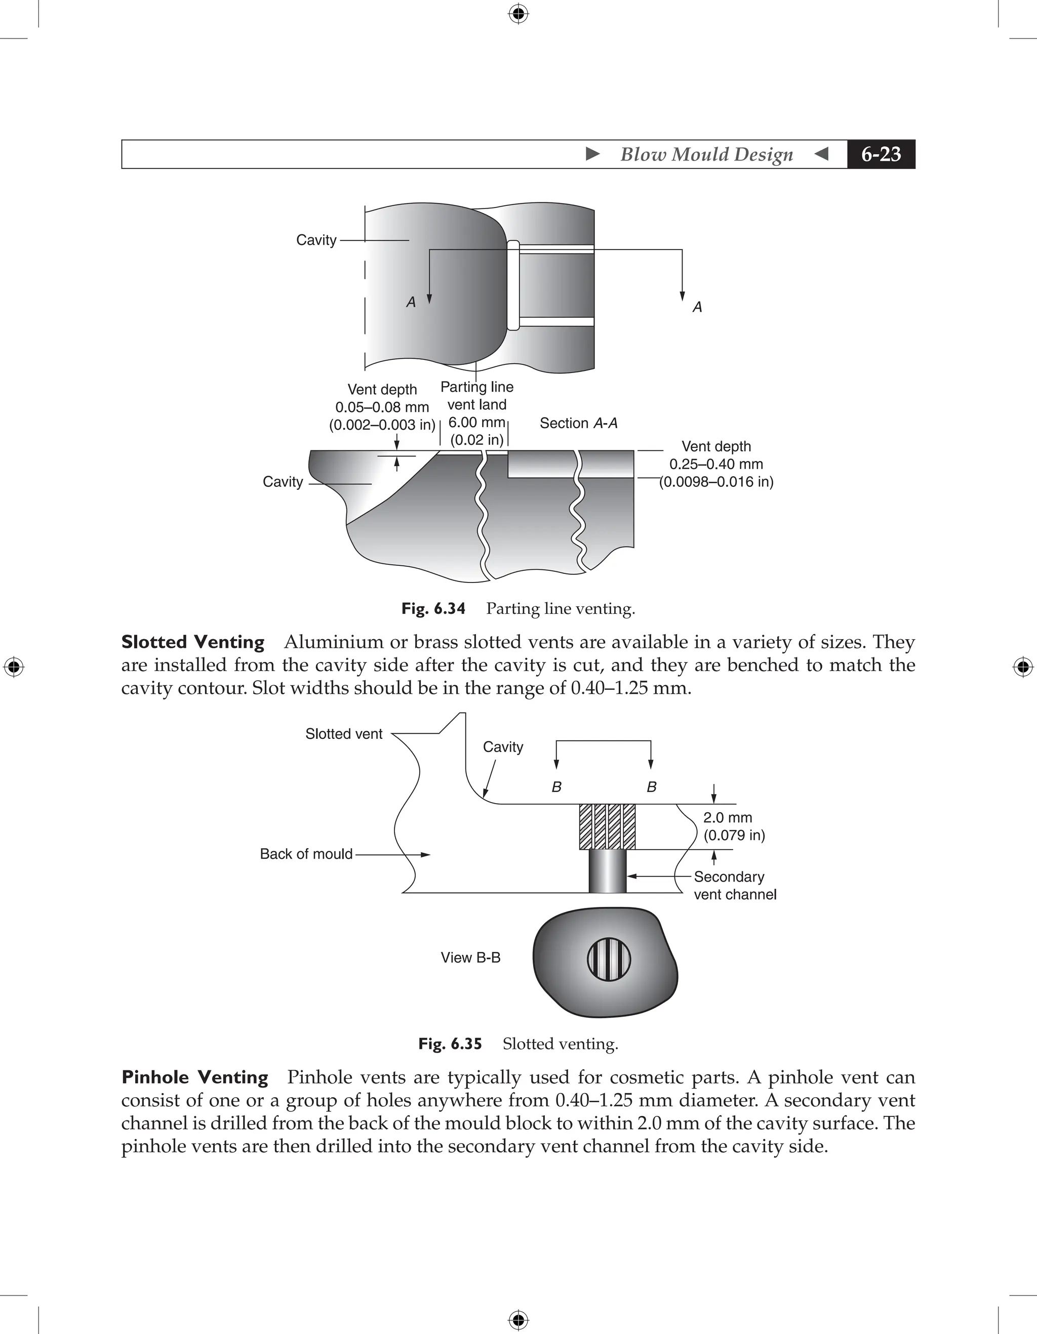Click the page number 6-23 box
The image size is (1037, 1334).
(881, 154)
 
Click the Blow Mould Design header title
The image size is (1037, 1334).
(706, 154)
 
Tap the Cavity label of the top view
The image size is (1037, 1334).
(316, 240)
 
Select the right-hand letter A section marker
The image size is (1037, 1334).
(697, 307)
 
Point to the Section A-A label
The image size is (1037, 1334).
(578, 423)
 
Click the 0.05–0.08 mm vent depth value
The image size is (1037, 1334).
(382, 407)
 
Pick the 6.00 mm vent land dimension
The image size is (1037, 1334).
(476, 422)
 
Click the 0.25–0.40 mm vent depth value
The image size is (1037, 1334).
(715, 464)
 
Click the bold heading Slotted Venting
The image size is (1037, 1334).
(192, 642)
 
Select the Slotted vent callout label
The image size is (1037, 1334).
(343, 734)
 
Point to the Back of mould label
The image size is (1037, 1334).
(306, 854)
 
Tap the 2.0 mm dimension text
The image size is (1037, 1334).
(727, 817)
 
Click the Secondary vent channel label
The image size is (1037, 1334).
(735, 885)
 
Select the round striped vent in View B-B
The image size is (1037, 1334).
(609, 959)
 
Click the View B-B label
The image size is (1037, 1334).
(470, 957)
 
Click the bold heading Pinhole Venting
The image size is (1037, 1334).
(195, 1077)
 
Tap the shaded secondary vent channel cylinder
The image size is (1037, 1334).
(608, 871)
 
